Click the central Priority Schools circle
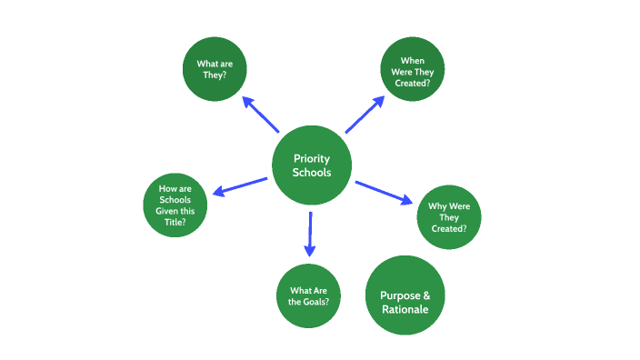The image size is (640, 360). click(x=312, y=165)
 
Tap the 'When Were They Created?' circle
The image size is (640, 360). click(x=413, y=70)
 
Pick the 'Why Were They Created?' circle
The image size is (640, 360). click(x=448, y=217)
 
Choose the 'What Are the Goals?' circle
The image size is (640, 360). click(x=308, y=295)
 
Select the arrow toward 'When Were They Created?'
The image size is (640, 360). click(x=365, y=115)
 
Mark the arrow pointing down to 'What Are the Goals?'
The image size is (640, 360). click(x=309, y=234)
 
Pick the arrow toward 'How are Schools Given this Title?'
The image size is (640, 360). click(x=239, y=185)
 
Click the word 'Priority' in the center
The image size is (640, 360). click(x=312, y=158)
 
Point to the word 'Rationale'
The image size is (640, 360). click(x=405, y=309)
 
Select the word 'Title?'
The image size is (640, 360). click(x=175, y=222)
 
